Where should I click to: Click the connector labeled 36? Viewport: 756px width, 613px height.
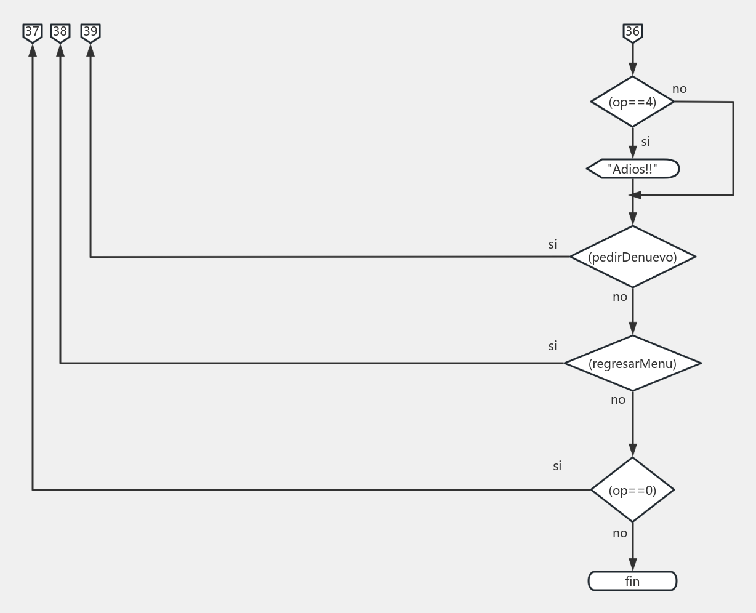pos(632,32)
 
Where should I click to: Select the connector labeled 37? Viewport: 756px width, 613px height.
pos(33,32)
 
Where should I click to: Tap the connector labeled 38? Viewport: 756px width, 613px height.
pos(60,32)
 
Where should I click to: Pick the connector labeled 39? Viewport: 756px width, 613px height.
pos(90,32)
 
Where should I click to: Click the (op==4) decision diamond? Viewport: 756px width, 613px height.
pos(632,102)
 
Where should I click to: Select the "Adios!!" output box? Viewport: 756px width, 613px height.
pos(633,169)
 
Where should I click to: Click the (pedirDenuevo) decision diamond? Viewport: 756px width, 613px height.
pos(632,257)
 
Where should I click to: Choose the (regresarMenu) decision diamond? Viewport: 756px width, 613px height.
pos(632,364)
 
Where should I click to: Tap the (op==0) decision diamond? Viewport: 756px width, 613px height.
pos(632,491)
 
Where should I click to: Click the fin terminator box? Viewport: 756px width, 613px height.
pos(632,582)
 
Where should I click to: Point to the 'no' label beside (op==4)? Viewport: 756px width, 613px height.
pos(679,89)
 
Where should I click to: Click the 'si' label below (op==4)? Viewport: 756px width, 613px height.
pos(645,142)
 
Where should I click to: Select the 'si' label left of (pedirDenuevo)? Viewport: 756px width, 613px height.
pos(553,245)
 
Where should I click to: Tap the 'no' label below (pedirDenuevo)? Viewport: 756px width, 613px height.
pos(620,297)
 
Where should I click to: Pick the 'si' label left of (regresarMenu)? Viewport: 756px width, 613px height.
pos(553,347)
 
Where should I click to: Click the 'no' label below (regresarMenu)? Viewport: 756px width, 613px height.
pos(618,400)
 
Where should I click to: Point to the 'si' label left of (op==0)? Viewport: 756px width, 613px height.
pos(557,467)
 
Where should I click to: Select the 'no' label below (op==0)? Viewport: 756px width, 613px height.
pos(620,534)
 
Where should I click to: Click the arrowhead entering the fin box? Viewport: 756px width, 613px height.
pos(632,565)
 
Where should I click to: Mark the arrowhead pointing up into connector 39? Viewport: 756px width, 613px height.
pos(90,50)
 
